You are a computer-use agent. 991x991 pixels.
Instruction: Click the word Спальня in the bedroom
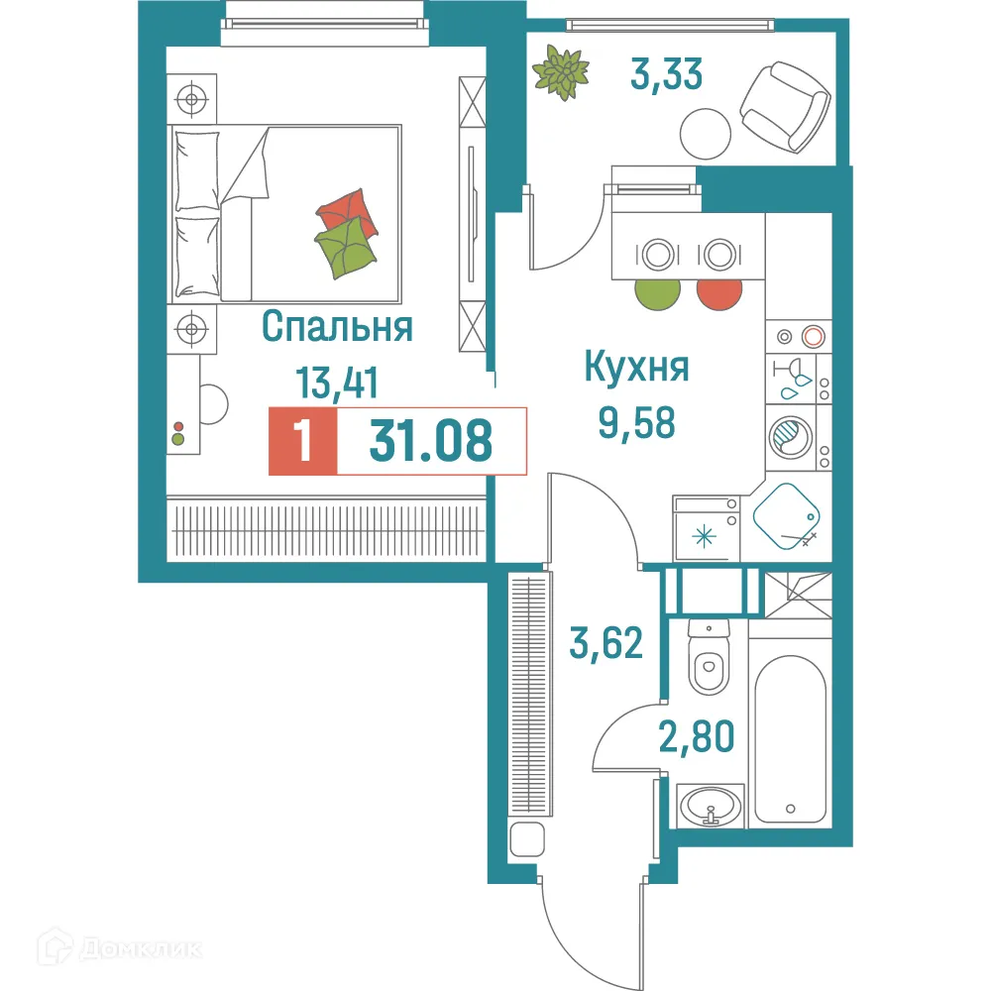pyautogui.click(x=337, y=327)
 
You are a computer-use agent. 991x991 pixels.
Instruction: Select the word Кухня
pyautogui.click(x=636, y=369)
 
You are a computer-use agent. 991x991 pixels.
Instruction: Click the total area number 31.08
pyautogui.click(x=430, y=440)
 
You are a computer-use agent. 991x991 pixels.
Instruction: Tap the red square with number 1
pyautogui.click(x=303, y=440)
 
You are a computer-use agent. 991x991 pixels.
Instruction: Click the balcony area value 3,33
pyautogui.click(x=667, y=74)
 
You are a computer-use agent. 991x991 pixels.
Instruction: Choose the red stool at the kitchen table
pyautogui.click(x=719, y=292)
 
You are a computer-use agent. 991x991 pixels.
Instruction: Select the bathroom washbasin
pyautogui.click(x=710, y=804)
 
